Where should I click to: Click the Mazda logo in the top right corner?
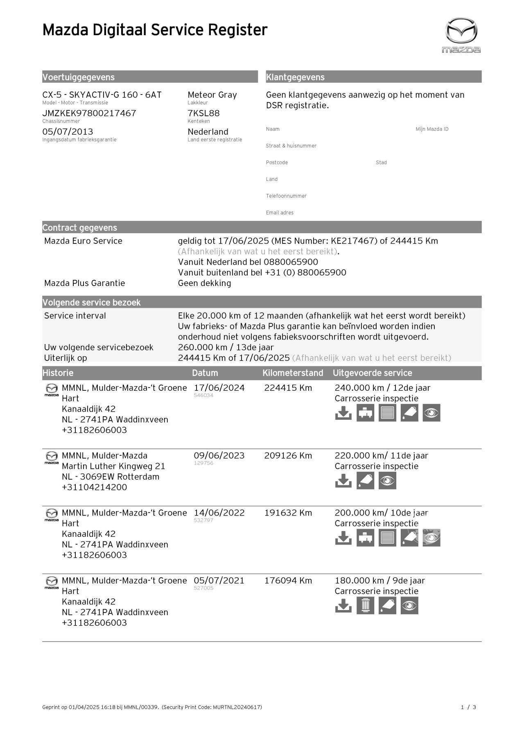(x=461, y=35)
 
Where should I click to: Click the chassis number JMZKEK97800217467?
(x=89, y=113)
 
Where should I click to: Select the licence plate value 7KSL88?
(x=203, y=113)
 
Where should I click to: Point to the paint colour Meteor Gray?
(x=212, y=95)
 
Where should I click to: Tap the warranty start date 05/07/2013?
(x=68, y=132)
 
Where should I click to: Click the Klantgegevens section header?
(x=295, y=77)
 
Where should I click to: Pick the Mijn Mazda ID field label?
(x=432, y=129)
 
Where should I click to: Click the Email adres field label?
(x=280, y=213)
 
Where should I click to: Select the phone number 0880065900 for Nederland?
(x=291, y=262)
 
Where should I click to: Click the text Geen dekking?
(x=204, y=283)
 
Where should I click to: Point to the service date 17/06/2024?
(x=219, y=388)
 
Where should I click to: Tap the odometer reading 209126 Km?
(x=288, y=455)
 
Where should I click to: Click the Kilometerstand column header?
(x=293, y=373)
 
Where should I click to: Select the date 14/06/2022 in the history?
(x=219, y=513)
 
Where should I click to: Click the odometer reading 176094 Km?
(x=288, y=581)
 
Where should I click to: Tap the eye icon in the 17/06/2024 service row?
(x=431, y=413)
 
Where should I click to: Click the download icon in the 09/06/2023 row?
(x=343, y=481)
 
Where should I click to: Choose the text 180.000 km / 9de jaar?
(x=379, y=581)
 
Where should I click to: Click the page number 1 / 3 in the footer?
(x=468, y=707)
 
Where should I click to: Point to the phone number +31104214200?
(x=94, y=487)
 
